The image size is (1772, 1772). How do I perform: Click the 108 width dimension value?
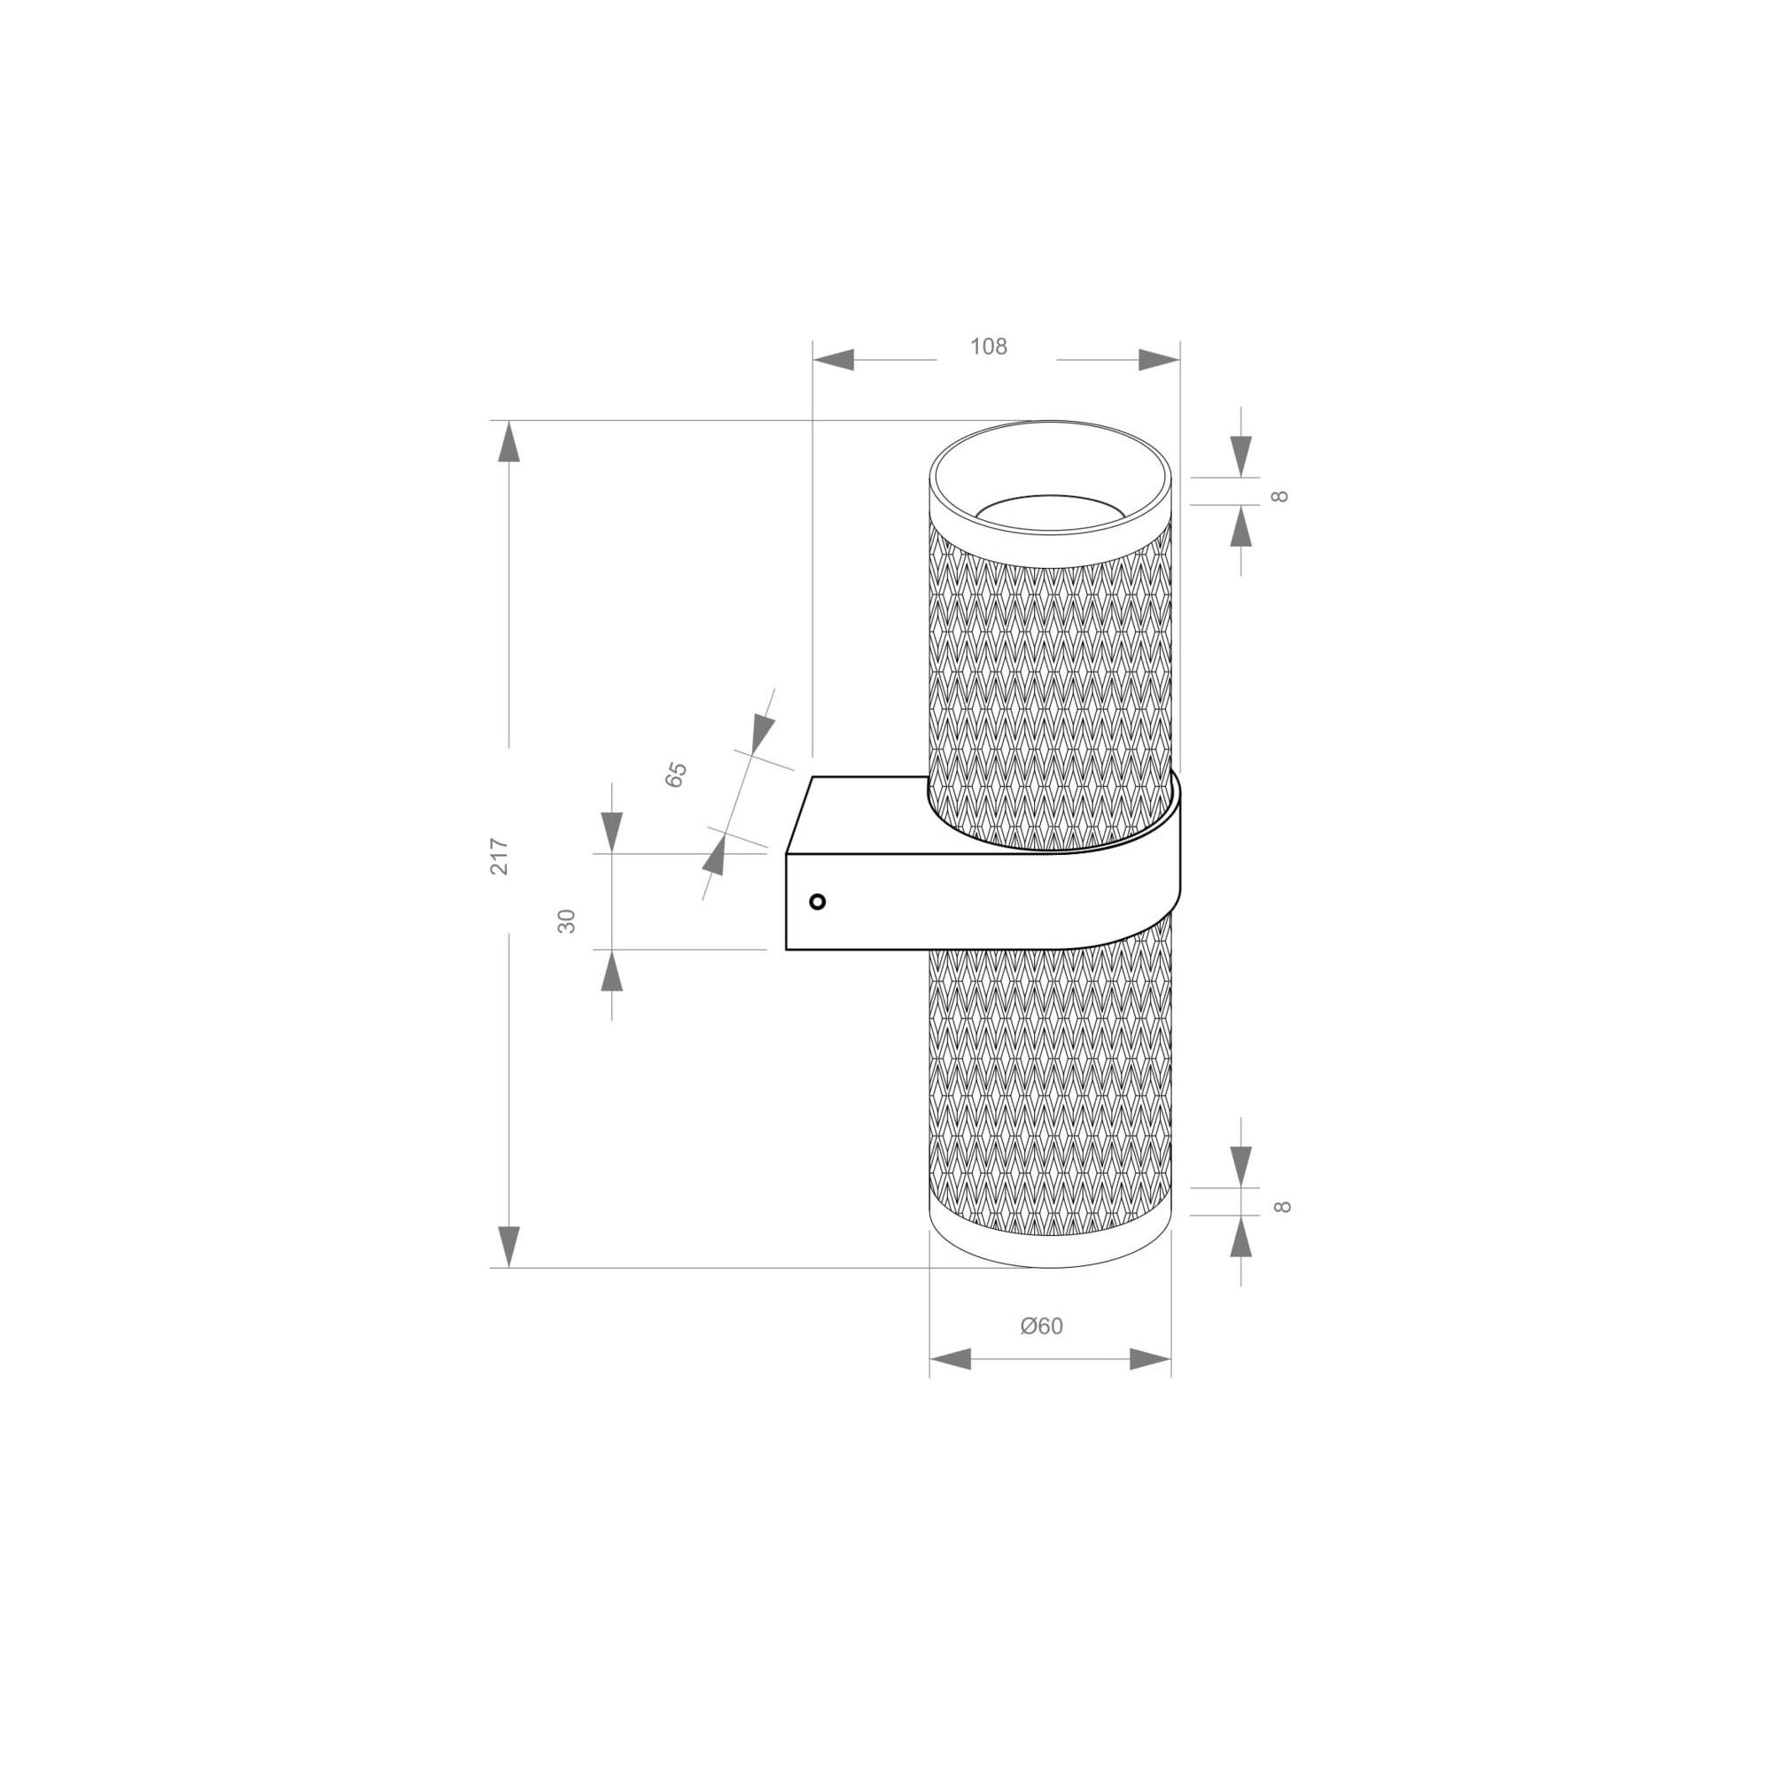pos(989,346)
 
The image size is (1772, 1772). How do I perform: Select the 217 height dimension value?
pos(499,856)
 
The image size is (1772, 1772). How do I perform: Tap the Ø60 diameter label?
pos(1042,1326)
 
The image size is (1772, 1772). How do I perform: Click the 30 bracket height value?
pos(567,921)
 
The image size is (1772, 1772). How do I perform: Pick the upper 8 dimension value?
pos(1281,496)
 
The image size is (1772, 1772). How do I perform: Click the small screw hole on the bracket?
pos(818,902)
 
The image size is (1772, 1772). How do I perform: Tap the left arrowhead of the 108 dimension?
pos(834,360)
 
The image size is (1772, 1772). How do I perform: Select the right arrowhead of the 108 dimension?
pos(1159,360)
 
